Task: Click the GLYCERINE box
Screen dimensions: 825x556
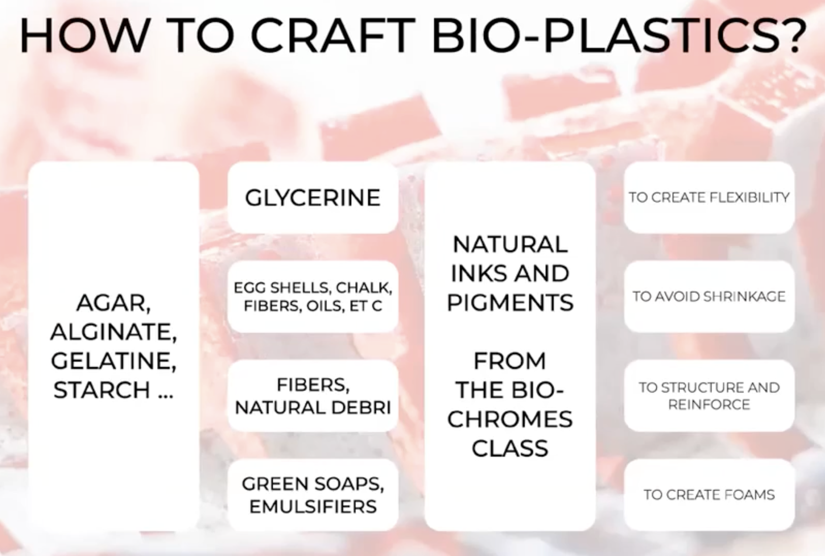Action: (313, 198)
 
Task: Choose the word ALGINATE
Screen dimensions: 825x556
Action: (114, 332)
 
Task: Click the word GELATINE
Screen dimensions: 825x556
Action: (114, 361)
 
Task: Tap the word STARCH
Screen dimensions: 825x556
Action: (102, 389)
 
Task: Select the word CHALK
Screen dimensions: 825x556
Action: (364, 288)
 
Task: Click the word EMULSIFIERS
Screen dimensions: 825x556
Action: (313, 507)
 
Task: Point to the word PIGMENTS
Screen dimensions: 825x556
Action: (510, 302)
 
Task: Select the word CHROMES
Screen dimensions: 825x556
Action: (510, 419)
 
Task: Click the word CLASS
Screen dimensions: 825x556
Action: (510, 448)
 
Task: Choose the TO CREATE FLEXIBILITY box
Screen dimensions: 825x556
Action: (709, 198)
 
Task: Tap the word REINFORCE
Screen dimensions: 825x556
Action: (709, 405)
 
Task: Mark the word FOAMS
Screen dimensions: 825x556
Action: (749, 495)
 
